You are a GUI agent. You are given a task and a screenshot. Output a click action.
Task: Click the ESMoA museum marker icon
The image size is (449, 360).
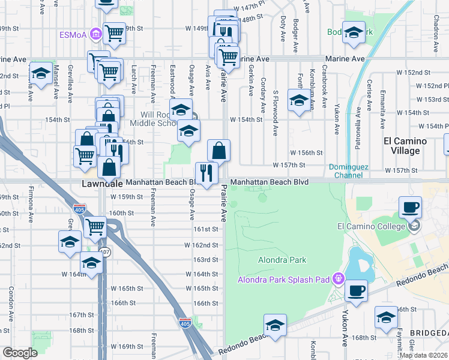click(x=95, y=34)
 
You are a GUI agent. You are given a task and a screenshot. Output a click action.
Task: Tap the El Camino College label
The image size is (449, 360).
click(x=365, y=226)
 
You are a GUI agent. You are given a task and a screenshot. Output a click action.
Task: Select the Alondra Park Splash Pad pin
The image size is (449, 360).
click(x=338, y=278)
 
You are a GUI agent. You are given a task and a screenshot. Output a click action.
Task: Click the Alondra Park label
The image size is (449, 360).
click(x=282, y=260)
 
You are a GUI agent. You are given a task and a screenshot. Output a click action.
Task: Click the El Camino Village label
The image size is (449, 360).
click(x=405, y=146)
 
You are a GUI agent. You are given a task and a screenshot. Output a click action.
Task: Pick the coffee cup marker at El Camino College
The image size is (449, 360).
click(x=411, y=207)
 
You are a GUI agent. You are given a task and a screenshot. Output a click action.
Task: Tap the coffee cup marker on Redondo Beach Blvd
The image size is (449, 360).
click(x=357, y=291)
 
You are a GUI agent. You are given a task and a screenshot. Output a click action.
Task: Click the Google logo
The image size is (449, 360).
click(x=20, y=352)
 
